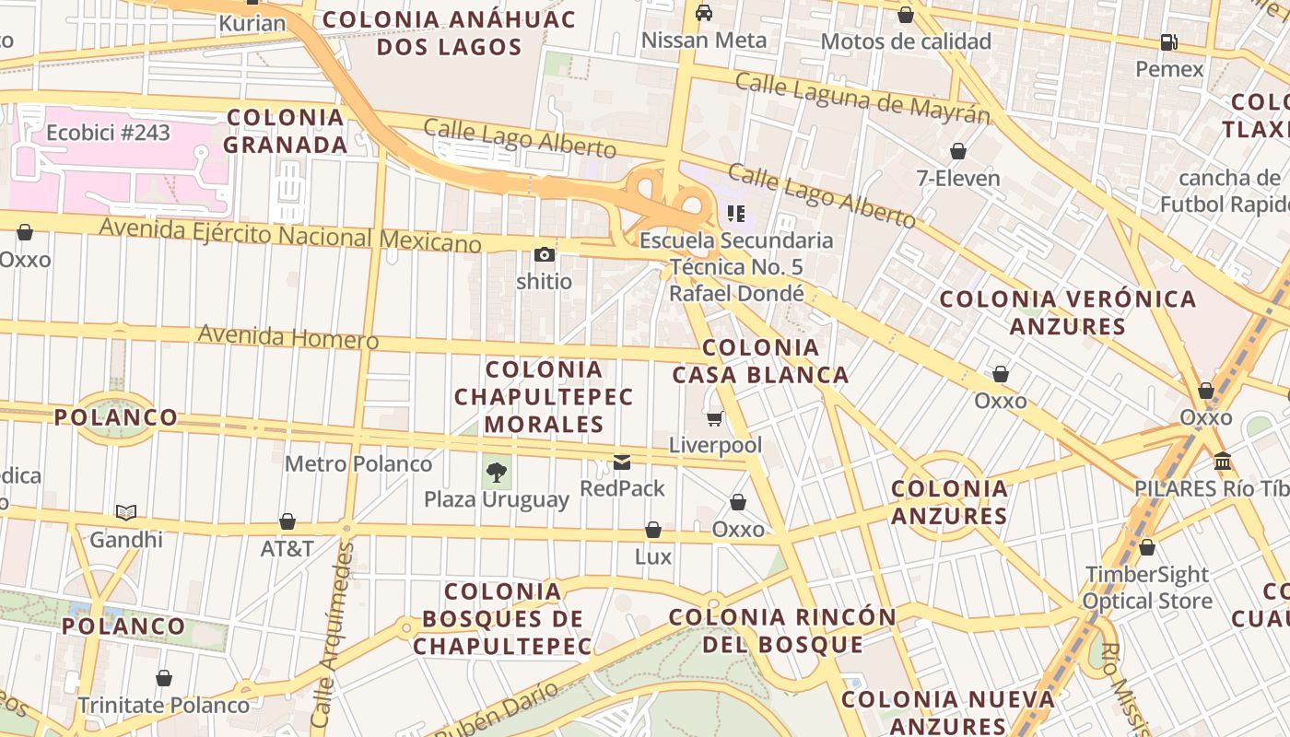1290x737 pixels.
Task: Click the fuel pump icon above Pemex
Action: pyautogui.click(x=1168, y=42)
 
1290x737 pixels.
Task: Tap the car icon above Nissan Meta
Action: pyautogui.click(x=704, y=13)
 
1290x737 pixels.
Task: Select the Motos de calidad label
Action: pyautogui.click(x=905, y=41)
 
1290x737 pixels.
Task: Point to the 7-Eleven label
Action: pyautogui.click(x=958, y=178)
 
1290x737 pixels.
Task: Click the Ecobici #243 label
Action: pyautogui.click(x=108, y=133)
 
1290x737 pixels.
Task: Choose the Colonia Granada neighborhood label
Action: pyautogui.click(x=286, y=131)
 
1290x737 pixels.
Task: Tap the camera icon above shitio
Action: pyautogui.click(x=544, y=254)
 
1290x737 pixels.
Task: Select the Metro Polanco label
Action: pyautogui.click(x=358, y=463)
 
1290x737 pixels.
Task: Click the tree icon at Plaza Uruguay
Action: pyautogui.click(x=497, y=473)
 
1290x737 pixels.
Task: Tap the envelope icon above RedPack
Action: pyautogui.click(x=622, y=462)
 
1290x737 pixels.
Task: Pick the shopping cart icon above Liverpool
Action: pyautogui.click(x=715, y=419)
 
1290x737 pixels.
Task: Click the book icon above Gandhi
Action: pyautogui.click(x=126, y=512)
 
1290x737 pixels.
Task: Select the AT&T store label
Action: pyautogui.click(x=287, y=548)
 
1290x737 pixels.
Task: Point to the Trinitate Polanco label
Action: pyautogui.click(x=163, y=705)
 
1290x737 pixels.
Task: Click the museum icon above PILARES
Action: pyautogui.click(x=1223, y=461)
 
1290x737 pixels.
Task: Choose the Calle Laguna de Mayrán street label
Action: pyautogui.click(x=862, y=98)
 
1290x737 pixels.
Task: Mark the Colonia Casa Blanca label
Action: pyautogui.click(x=760, y=361)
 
